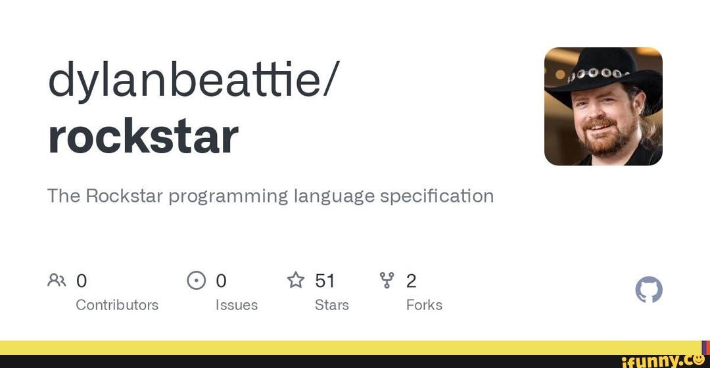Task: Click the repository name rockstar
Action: tap(143, 137)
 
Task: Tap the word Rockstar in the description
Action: tap(124, 196)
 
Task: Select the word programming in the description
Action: tap(228, 196)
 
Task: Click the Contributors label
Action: tap(117, 305)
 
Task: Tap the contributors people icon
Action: tap(57, 281)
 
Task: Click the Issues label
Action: tap(237, 305)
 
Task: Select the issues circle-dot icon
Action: tap(196, 281)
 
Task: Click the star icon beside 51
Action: tap(296, 281)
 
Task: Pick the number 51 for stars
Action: tap(325, 281)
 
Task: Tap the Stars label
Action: tap(331, 305)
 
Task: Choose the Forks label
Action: tap(424, 305)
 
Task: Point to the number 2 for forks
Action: tap(411, 281)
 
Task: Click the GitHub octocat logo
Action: tap(649, 290)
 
